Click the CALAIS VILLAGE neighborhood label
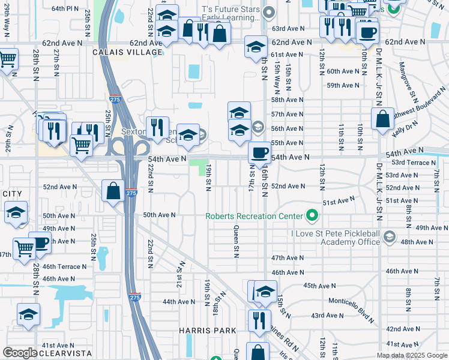click(127, 52)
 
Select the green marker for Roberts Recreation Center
click(312, 215)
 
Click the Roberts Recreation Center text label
click(255, 216)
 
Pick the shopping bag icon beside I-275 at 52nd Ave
click(113, 191)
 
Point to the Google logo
click(19, 353)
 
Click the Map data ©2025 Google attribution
click(412, 355)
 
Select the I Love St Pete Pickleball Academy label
click(335, 237)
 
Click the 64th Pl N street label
click(65, 9)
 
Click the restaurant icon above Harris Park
click(259, 320)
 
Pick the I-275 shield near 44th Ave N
click(134, 296)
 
